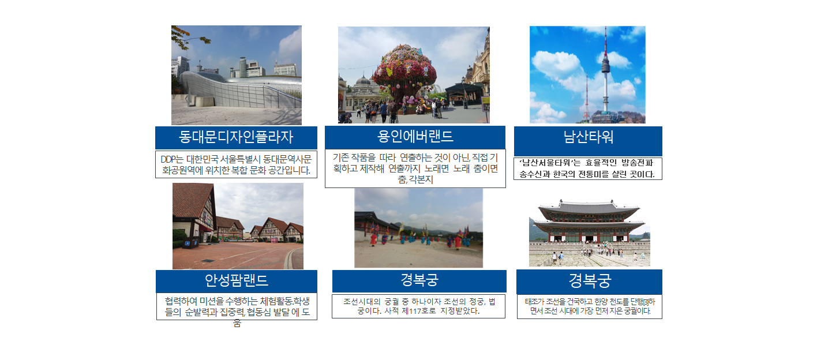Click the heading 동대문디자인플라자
[235, 137]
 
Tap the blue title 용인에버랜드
[415, 136]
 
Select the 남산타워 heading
[588, 137]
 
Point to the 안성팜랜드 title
[237, 280]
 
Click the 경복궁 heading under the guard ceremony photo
[419, 280]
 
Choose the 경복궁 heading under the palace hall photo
[590, 280]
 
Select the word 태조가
[535, 302]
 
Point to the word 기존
[340, 157]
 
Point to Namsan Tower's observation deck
[606, 65]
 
